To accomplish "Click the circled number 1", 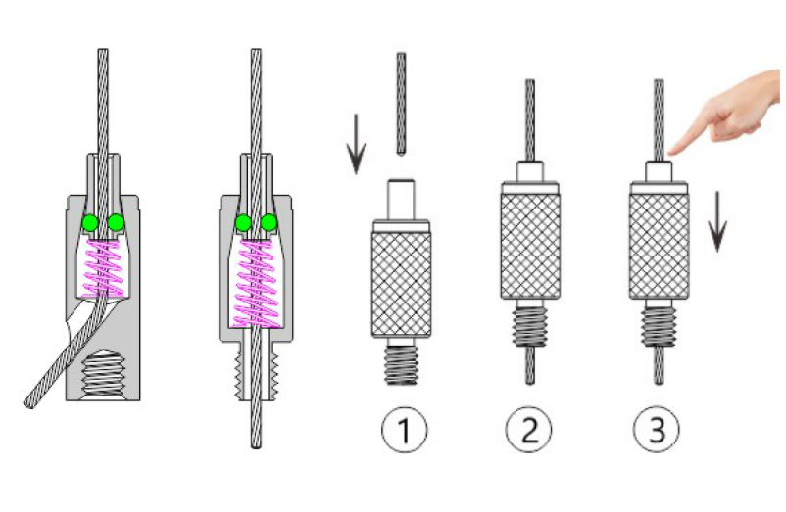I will (x=402, y=429).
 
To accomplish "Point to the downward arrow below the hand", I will (x=719, y=221).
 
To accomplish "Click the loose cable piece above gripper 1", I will (x=402, y=103).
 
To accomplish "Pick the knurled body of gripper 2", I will (x=529, y=245).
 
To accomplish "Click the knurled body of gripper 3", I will (x=656, y=245).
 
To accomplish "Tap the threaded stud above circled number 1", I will (x=402, y=362).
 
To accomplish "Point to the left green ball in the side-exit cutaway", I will (x=91, y=223).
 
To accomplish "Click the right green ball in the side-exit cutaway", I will (x=116, y=223).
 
